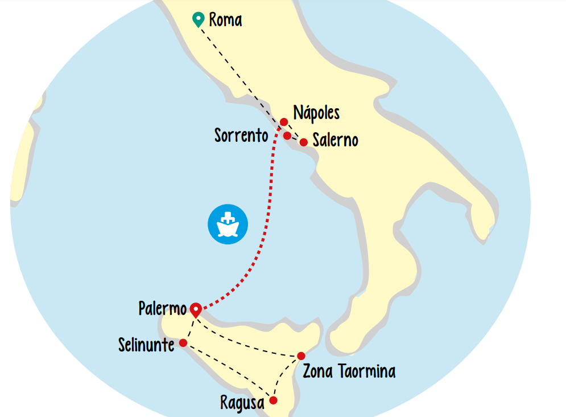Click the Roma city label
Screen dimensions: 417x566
(x=225, y=20)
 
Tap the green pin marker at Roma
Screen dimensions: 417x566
(x=199, y=19)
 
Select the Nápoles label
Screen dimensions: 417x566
(x=316, y=112)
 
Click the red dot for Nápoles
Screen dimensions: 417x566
(x=284, y=122)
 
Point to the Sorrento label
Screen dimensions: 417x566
(x=241, y=136)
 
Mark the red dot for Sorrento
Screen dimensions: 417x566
(x=287, y=136)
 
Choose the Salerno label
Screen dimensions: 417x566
(x=336, y=140)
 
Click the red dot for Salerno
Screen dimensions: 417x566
(x=304, y=142)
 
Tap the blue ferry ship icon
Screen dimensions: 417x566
(x=228, y=223)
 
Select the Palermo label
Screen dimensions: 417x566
(x=162, y=309)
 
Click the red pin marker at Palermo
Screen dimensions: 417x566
(x=195, y=310)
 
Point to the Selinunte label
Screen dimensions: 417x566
(x=146, y=345)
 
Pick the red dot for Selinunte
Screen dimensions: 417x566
(x=183, y=343)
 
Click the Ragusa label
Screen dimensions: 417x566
(x=242, y=403)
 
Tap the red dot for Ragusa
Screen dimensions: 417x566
(x=273, y=400)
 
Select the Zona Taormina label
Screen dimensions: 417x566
(x=349, y=372)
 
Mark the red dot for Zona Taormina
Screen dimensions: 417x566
(x=301, y=357)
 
